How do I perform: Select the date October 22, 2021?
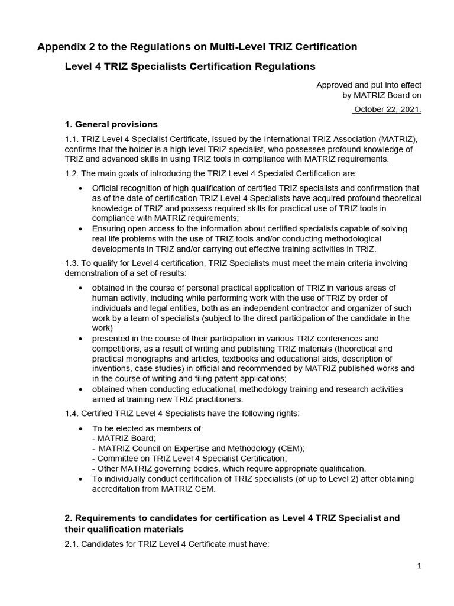(387, 109)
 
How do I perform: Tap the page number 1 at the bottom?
(419, 566)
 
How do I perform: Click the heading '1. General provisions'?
(111, 124)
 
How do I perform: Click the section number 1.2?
(72, 173)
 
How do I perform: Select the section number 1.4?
(72, 414)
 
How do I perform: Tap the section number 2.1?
(72, 544)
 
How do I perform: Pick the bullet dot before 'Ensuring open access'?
(80, 229)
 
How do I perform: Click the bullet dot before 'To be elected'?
(80, 428)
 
